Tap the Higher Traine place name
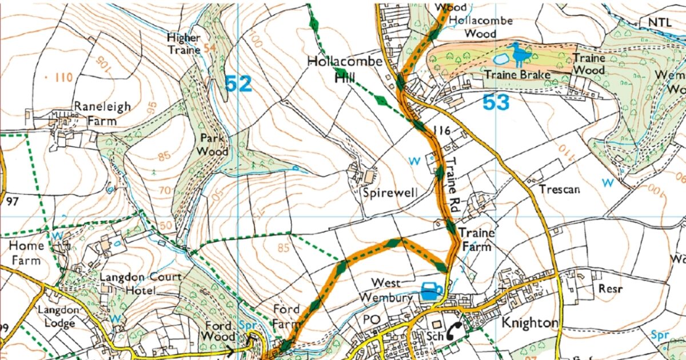[184, 43]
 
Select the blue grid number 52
[238, 84]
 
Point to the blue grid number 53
[495, 103]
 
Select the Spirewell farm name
[387, 193]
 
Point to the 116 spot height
[443, 131]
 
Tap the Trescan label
[559, 189]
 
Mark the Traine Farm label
[475, 240]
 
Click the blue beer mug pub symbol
[432, 291]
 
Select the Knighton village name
[529, 323]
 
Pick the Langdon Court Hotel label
[140, 284]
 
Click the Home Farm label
[26, 253]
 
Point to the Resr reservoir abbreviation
[607, 289]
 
